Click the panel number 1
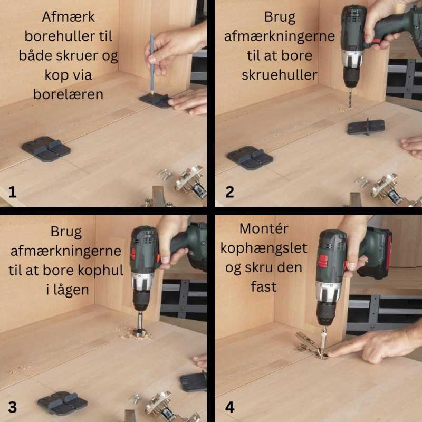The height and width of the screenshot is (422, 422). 12,192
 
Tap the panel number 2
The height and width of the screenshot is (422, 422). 229,192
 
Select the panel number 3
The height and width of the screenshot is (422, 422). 12,407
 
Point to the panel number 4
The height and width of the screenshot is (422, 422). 229,407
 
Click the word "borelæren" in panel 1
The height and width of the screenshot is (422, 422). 68,94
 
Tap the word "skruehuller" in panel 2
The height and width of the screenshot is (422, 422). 280,75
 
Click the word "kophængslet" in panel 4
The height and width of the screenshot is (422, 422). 263,248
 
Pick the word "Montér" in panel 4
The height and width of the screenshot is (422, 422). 264,229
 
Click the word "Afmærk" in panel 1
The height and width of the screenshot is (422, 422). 69,17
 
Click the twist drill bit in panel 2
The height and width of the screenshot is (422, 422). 350,98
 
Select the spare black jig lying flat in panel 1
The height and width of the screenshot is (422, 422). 46,149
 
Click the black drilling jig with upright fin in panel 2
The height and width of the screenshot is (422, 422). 366,127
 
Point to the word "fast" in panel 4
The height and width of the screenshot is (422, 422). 264,287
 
